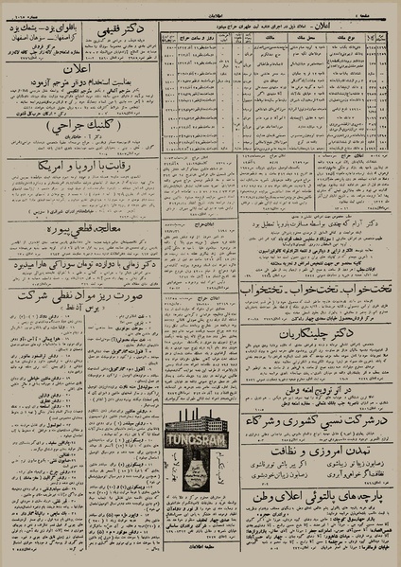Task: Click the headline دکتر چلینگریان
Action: [x=308, y=359]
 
